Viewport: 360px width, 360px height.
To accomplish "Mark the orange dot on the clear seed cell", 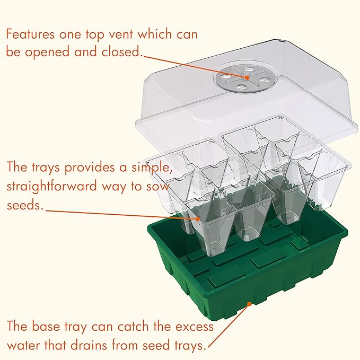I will pyautogui.click(x=198, y=218).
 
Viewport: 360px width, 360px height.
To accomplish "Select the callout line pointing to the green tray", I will pyautogui.click(x=229, y=324).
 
